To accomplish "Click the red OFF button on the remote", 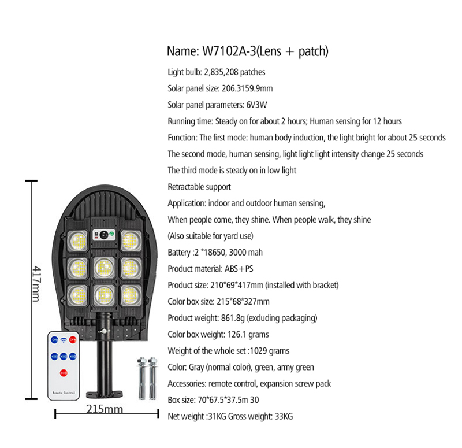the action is (x=73, y=340).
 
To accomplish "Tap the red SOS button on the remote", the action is (x=64, y=373).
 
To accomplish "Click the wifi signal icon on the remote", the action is (x=64, y=340).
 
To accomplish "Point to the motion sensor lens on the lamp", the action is (x=104, y=235).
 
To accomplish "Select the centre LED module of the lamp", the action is (x=104, y=268).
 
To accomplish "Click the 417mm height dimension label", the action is (x=36, y=284).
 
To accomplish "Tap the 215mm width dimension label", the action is (x=105, y=409).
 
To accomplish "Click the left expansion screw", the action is (x=141, y=379).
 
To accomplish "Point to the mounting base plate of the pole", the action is (x=105, y=394).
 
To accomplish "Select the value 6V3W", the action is (x=256, y=105).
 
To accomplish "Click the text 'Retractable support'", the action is (x=199, y=187).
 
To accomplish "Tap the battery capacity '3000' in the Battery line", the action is (x=237, y=253).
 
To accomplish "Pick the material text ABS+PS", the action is (x=239, y=269).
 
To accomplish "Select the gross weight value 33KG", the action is (x=284, y=416).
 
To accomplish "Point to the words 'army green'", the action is (x=295, y=368).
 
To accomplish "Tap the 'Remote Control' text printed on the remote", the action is (x=64, y=393).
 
